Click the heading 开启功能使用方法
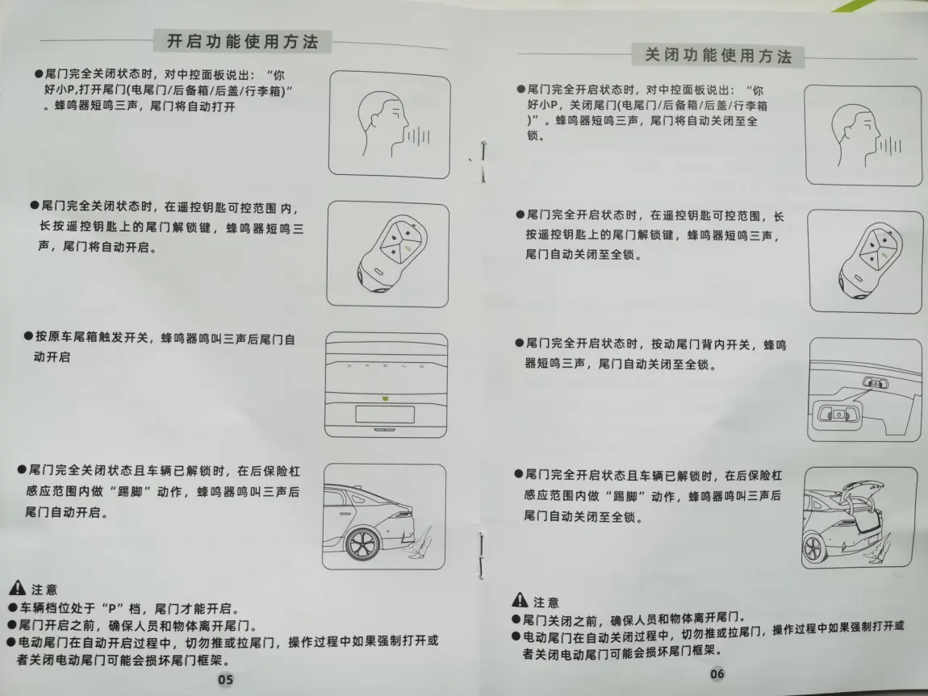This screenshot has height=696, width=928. (x=243, y=41)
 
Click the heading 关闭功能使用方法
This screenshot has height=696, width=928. (x=718, y=56)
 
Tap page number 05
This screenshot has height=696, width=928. (x=225, y=679)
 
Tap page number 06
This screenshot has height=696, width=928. (x=717, y=673)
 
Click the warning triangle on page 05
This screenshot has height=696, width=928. (x=17, y=588)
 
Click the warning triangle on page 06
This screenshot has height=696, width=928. (x=520, y=599)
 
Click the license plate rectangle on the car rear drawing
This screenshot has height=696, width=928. (x=385, y=414)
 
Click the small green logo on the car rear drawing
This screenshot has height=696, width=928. (x=385, y=398)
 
